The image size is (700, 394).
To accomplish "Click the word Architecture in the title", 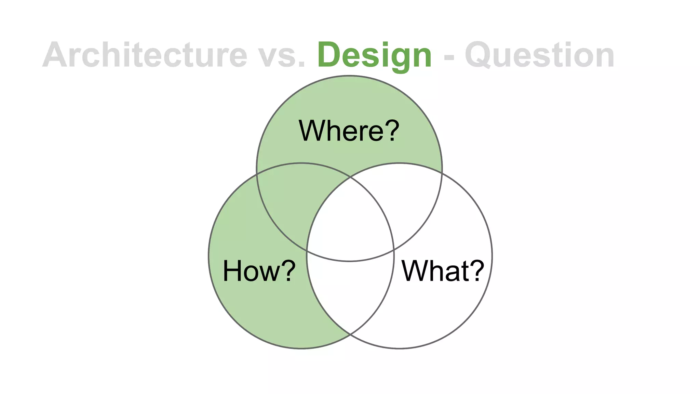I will (x=145, y=55).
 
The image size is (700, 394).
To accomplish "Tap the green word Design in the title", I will (x=375, y=55).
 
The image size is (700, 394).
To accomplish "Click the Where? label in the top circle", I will (x=349, y=130).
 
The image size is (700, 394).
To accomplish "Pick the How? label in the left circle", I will (x=259, y=271).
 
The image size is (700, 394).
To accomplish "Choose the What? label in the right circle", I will (x=443, y=271).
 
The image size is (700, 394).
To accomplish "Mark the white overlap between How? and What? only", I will (x=350, y=294).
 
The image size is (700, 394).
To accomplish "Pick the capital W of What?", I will (x=414, y=271).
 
